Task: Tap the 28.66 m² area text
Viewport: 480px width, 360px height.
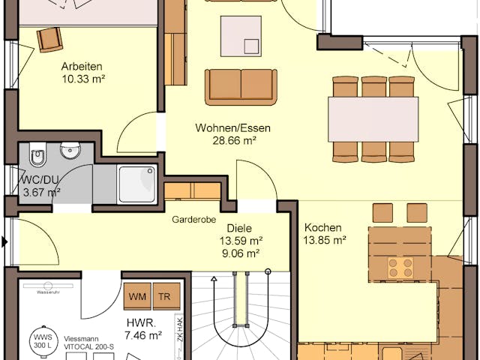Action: tap(232, 140)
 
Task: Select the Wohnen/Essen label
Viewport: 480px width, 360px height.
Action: tap(232, 127)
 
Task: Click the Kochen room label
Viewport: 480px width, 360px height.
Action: tap(323, 228)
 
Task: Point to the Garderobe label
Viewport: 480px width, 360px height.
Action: tap(194, 220)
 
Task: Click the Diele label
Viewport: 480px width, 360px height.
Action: tap(239, 228)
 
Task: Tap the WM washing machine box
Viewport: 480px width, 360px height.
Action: tap(137, 296)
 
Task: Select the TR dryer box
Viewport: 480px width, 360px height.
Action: tap(163, 296)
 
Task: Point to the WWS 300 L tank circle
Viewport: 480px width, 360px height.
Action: tap(40, 342)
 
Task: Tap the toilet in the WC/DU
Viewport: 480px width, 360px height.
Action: tap(37, 157)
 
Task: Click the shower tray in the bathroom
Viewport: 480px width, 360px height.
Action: tap(137, 184)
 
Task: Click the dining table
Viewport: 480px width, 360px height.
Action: tap(373, 119)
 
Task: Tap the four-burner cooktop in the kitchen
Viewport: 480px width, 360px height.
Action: tap(400, 268)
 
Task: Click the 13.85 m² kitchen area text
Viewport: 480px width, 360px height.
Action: tap(324, 241)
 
